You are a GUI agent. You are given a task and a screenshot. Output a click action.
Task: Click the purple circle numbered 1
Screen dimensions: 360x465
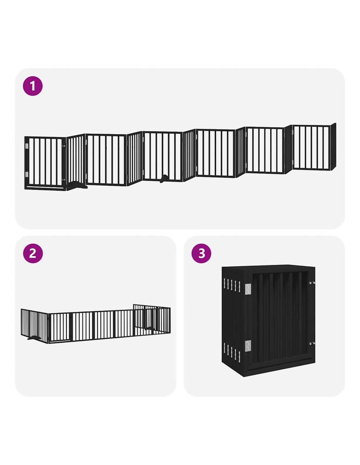tap(32, 86)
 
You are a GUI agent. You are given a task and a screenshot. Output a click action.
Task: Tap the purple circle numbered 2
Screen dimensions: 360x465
tap(33, 253)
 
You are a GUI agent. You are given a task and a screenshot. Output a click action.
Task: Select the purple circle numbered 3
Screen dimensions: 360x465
tap(201, 253)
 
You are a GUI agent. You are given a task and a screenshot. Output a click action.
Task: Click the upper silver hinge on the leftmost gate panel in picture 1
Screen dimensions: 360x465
tap(27, 146)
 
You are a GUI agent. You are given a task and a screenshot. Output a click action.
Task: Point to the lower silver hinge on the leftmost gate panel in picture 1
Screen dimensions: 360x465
tap(27, 174)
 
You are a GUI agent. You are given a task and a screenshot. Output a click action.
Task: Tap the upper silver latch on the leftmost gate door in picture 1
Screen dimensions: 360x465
tap(63, 146)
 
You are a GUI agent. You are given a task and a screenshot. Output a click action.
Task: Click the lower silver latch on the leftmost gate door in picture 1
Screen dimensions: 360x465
tap(63, 180)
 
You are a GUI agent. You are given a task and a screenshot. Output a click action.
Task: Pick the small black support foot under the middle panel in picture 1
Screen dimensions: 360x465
tap(164, 178)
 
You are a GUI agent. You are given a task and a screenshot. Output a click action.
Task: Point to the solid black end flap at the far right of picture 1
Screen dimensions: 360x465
tap(333, 146)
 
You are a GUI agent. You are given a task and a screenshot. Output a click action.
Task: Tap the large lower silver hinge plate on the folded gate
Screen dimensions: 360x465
tap(248, 346)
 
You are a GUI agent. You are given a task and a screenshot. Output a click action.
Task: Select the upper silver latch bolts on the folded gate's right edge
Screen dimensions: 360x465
tap(312, 283)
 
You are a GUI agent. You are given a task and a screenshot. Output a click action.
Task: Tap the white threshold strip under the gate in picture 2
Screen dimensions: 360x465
tap(59, 341)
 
